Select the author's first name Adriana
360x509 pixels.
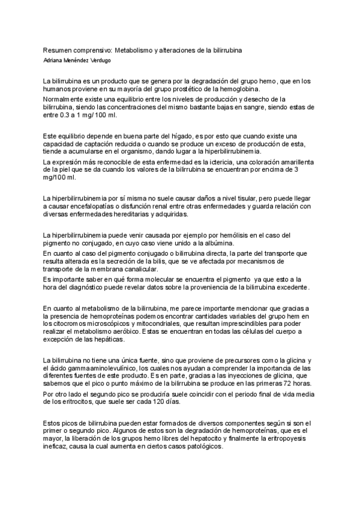coord(56,60)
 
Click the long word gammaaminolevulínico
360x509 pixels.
coord(94,368)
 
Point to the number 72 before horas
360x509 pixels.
coord(290,384)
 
